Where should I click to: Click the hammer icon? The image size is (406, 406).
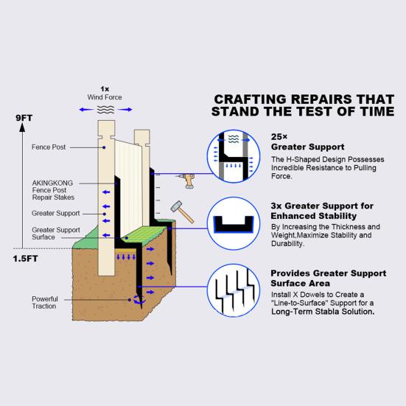[182, 211]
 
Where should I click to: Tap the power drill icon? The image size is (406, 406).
[186, 181]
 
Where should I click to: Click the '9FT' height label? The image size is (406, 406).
[24, 118]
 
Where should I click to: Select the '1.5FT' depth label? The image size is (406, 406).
[25, 259]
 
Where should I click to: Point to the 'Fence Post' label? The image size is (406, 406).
[49, 147]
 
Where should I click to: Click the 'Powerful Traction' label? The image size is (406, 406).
[45, 302]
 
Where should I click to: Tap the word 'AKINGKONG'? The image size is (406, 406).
[52, 183]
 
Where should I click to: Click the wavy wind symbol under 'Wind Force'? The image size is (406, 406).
[105, 110]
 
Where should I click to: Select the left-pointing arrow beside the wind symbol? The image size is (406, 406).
[86, 110]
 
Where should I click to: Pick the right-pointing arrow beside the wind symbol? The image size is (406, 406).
[125, 110]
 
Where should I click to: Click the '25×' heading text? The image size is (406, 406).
[279, 136]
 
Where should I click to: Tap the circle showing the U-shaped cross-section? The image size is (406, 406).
[234, 223]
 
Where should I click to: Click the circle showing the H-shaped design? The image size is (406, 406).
[234, 156]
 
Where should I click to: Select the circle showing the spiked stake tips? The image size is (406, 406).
[234, 290]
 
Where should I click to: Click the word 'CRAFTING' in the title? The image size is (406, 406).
[251, 99]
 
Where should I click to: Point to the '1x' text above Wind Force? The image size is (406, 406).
[105, 89]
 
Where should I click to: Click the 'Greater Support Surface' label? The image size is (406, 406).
[56, 234]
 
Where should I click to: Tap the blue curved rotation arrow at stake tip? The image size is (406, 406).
[139, 300]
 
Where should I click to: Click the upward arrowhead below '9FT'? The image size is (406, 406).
[23, 127]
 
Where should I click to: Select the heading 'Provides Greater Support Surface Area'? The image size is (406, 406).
[329, 279]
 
